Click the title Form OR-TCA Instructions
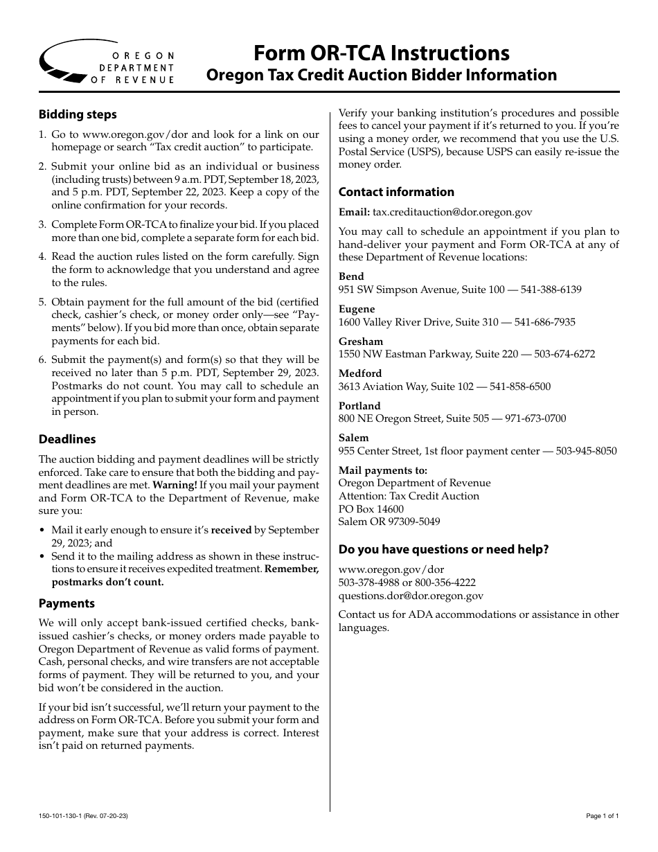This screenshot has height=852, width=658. (382, 53)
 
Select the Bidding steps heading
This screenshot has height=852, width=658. (78, 114)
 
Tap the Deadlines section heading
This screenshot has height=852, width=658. (67, 439)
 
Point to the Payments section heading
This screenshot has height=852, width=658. (66, 603)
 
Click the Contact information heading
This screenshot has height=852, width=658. (396, 192)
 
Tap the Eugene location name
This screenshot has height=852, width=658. (357, 309)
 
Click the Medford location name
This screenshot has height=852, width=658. (360, 373)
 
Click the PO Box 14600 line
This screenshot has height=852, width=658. (371, 509)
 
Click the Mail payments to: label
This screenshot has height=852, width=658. (373, 470)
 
